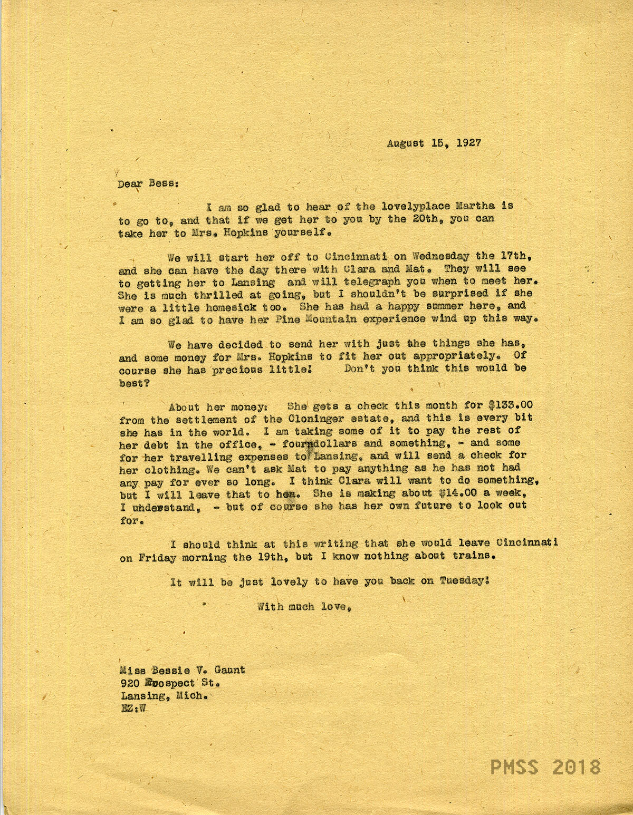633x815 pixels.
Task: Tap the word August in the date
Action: click(405, 143)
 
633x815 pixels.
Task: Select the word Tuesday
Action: click(466, 581)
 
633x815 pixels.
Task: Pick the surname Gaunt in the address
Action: click(227, 670)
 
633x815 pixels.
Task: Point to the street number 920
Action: click(130, 683)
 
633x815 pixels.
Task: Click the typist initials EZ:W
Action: click(132, 709)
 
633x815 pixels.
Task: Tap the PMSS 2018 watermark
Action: click(545, 767)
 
